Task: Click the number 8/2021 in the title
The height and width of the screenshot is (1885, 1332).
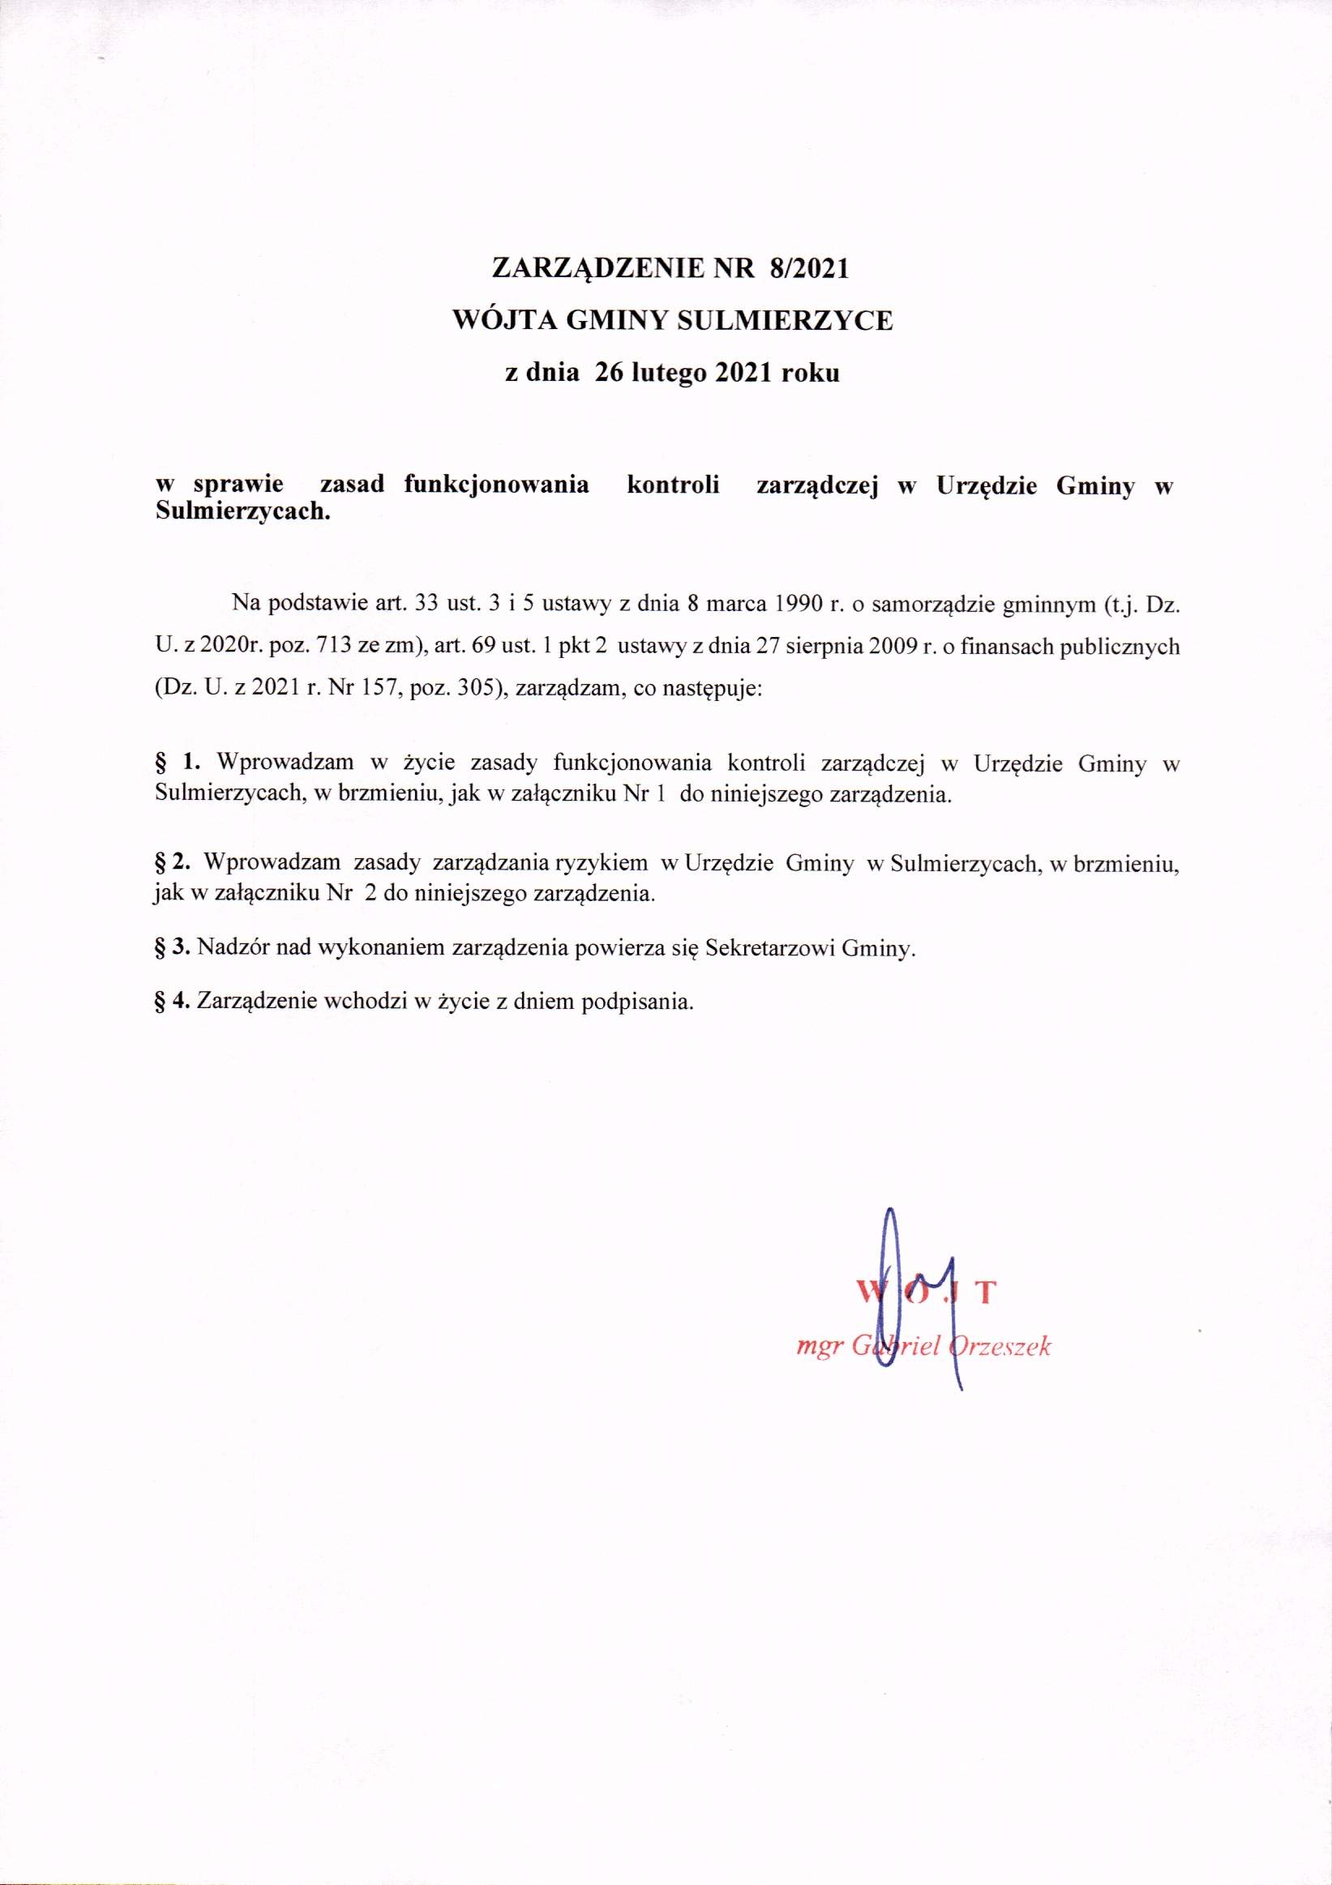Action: point(808,268)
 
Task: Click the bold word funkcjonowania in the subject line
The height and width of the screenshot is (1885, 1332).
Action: point(496,485)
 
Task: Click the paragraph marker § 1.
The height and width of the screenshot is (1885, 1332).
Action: point(178,763)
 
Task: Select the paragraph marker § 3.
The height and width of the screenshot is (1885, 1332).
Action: point(173,948)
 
